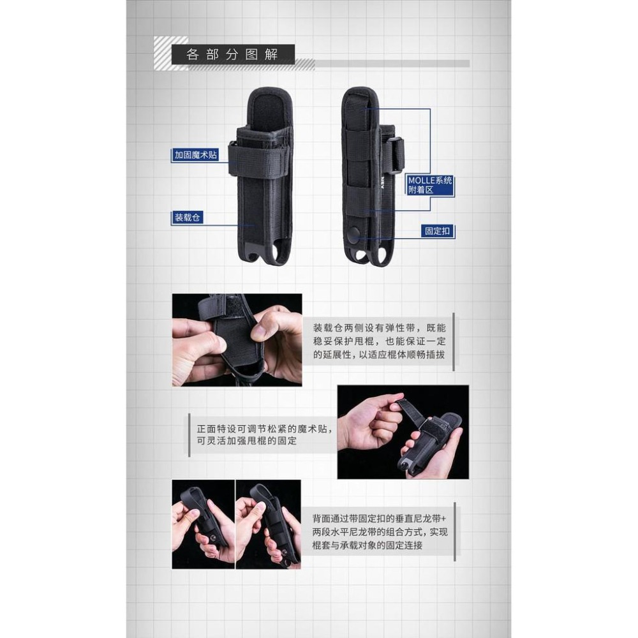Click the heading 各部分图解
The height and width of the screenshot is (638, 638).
[232, 54]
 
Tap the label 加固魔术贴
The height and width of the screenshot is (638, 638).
[194, 154]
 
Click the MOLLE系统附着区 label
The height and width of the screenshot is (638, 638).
[430, 185]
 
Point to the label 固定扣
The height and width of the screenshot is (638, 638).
[438, 232]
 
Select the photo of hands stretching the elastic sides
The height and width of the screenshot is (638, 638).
[237, 339]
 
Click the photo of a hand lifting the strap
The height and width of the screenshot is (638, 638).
[403, 432]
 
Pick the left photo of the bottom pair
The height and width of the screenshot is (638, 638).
[203, 524]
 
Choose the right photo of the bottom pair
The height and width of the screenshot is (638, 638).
[268, 524]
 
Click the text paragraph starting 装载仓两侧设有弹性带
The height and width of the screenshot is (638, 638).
[378, 341]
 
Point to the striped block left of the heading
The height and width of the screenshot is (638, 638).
[171, 54]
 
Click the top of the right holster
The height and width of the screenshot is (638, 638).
[360, 99]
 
